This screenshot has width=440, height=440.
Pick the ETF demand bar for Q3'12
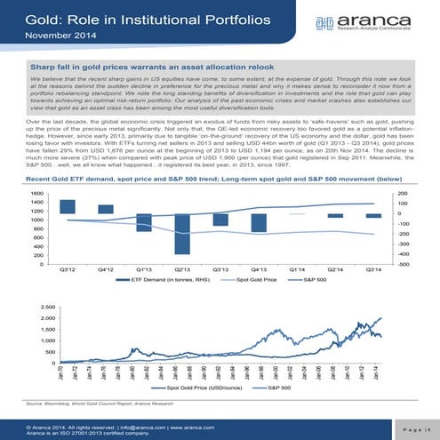[x=67, y=206]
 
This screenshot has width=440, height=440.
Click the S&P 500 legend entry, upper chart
[x=315, y=279]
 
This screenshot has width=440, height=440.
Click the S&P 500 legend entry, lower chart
[x=277, y=388]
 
